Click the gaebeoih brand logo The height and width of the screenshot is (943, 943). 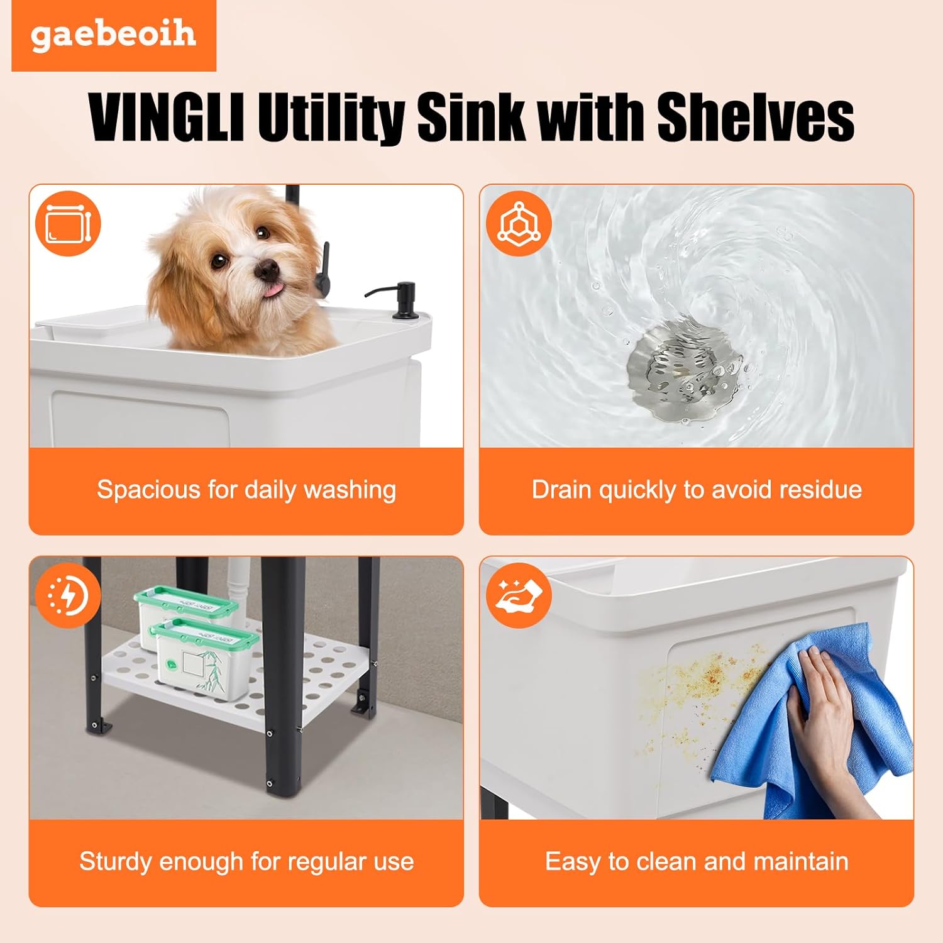click(113, 35)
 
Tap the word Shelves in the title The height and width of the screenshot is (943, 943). click(754, 118)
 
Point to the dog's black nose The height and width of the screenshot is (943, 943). click(267, 270)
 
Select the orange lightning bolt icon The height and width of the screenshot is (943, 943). click(68, 595)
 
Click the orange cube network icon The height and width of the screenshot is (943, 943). click(519, 224)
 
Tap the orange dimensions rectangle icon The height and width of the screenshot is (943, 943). click(68, 224)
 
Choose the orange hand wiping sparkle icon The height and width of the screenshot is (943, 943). click(519, 595)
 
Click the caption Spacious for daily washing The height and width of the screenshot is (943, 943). click(246, 490)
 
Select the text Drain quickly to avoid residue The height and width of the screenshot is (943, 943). click(697, 490)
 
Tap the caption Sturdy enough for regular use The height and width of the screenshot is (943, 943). click(246, 861)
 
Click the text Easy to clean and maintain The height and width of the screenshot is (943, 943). click(697, 861)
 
